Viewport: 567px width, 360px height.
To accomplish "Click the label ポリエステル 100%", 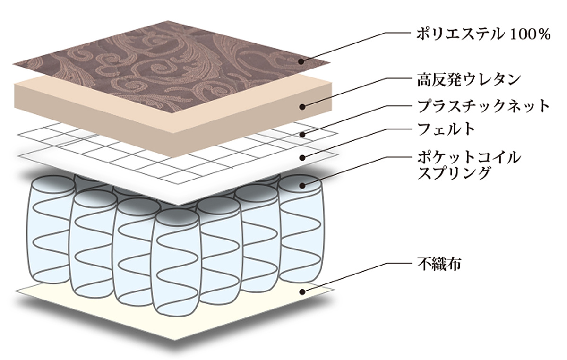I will point(483,34).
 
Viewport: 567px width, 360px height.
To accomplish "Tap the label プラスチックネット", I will point(483,105).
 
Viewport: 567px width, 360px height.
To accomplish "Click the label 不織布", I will point(440,262).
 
